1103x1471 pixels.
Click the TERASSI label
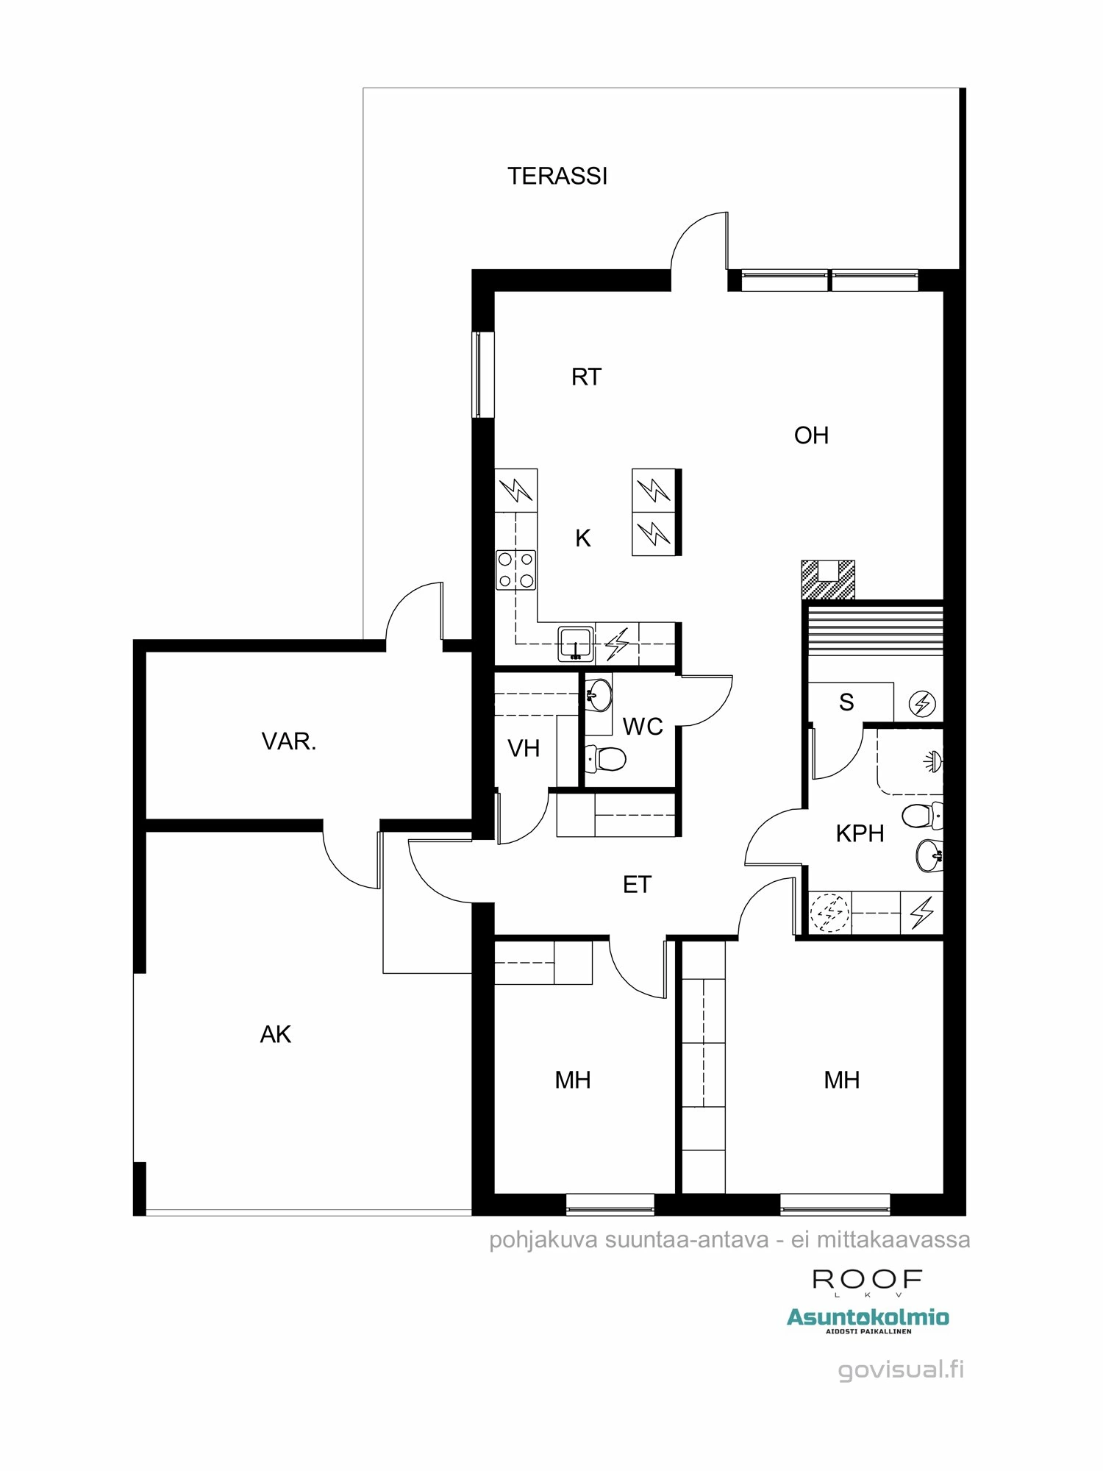point(557,177)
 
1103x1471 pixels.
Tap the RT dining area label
point(586,377)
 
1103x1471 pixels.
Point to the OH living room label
point(811,435)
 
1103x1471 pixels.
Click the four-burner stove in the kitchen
point(515,570)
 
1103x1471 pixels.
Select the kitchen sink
point(575,644)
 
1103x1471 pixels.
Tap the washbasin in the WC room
point(599,694)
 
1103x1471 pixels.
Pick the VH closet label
point(524,749)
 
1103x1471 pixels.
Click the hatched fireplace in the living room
point(828,580)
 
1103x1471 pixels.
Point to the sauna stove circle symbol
point(922,704)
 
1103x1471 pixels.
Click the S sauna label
point(846,702)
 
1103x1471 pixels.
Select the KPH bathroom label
point(860,833)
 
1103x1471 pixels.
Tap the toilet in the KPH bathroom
point(921,816)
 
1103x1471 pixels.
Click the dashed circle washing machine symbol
point(829,913)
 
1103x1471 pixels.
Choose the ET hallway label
point(637,885)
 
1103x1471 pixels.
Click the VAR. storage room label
point(289,741)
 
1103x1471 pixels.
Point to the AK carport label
point(276,1035)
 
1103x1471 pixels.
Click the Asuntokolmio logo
point(868,1318)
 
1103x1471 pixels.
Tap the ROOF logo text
point(867,1280)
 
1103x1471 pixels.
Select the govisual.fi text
point(901,1370)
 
